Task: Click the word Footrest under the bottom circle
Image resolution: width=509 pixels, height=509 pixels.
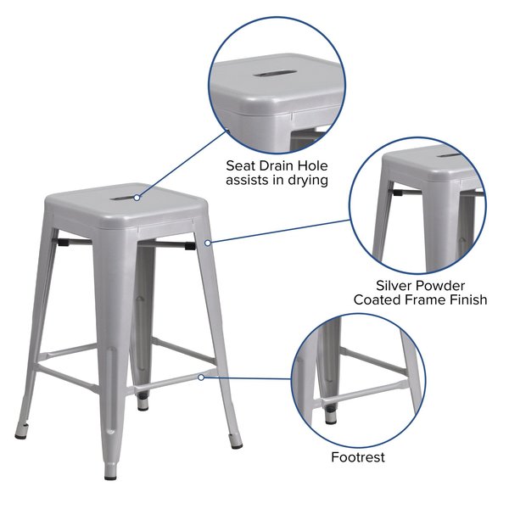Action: [358, 457]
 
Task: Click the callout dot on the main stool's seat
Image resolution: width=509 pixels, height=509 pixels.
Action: [137, 198]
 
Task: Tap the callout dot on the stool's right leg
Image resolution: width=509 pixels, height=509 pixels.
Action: [208, 243]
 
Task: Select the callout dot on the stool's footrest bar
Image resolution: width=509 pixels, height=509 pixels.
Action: [201, 378]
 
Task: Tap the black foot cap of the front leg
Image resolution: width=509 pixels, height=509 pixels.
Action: [110, 478]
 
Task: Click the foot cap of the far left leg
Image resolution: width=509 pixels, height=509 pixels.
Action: [20, 437]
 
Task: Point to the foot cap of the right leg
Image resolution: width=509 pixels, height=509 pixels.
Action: [237, 445]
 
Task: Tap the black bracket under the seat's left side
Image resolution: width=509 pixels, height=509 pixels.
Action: [64, 242]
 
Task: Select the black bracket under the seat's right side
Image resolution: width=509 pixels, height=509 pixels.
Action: [191, 246]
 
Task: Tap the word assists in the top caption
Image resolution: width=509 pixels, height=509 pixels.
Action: [247, 180]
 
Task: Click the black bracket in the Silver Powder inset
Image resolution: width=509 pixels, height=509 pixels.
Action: [397, 193]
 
